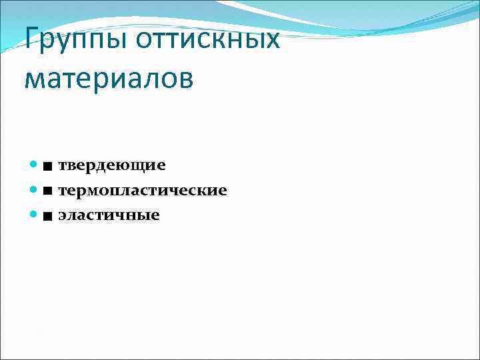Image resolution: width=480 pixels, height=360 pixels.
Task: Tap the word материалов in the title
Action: point(109,78)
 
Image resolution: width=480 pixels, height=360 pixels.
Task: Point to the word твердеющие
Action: point(111,165)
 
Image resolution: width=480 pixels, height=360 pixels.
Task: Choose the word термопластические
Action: point(142,191)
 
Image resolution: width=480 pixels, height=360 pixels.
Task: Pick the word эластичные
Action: point(109,215)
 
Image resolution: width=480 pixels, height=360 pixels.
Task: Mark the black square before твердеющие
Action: point(48,165)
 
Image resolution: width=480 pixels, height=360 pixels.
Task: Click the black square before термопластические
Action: point(48,191)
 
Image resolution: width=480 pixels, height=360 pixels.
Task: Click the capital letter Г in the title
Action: point(32,39)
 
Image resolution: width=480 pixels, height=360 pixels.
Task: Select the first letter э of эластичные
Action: point(62,216)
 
